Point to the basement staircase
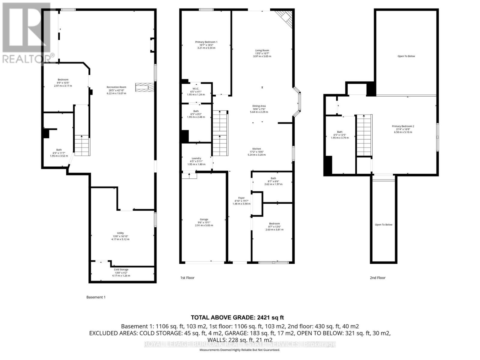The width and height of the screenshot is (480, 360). click(x=82, y=145)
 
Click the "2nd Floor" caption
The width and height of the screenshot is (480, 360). click(x=377, y=278)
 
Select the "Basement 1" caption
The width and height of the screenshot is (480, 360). click(x=96, y=297)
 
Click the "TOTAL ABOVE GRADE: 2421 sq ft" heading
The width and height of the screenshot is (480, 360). click(x=237, y=318)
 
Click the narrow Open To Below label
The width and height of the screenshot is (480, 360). click(x=383, y=225)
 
